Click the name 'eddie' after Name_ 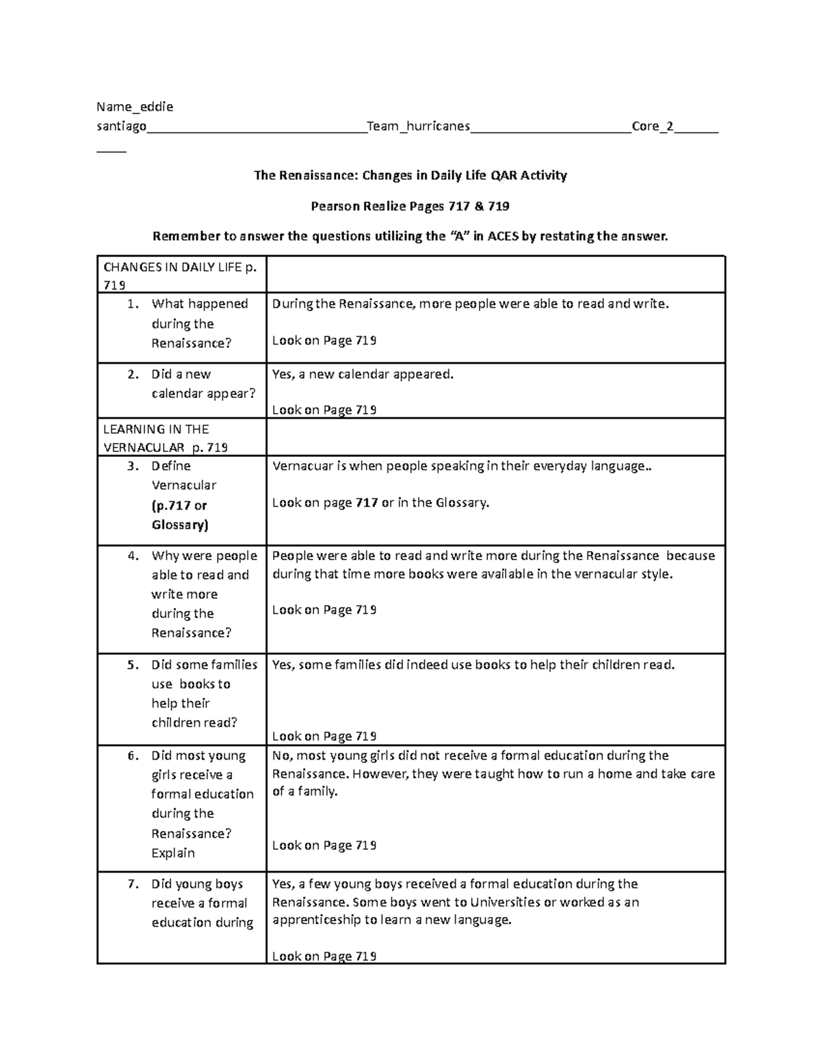click(157, 107)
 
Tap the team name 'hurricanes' click(438, 126)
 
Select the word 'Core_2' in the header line click(653, 126)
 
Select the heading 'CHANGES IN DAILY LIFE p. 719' click(179, 275)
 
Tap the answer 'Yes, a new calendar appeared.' click(363, 374)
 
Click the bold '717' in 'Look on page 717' click(367, 503)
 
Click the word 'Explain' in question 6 click(173, 853)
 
